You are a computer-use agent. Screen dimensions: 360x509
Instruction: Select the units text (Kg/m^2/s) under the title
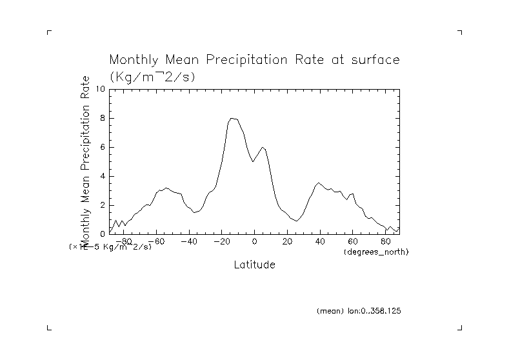pyautogui.click(x=152, y=76)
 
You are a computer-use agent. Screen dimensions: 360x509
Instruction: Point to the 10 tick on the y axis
pyautogui.click(x=101, y=89)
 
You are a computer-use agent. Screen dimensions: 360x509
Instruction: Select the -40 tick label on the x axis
pyautogui.click(x=188, y=241)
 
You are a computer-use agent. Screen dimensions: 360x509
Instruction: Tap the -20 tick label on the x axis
pyautogui.click(x=221, y=241)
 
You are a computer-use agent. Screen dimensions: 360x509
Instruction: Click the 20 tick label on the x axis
pyautogui.click(x=287, y=241)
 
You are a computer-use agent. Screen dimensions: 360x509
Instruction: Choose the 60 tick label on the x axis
pyautogui.click(x=353, y=241)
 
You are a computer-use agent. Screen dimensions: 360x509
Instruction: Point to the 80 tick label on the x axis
pyautogui.click(x=385, y=241)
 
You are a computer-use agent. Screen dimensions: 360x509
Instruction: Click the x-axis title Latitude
pyautogui.click(x=254, y=265)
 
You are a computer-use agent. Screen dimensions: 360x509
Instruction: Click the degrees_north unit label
pyautogui.click(x=377, y=250)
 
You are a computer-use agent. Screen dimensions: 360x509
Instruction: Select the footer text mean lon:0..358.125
pyautogui.click(x=359, y=311)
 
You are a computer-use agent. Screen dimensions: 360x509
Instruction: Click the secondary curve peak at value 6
pyautogui.click(x=262, y=147)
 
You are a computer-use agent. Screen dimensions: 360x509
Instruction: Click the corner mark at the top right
pyautogui.click(x=460, y=32)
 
